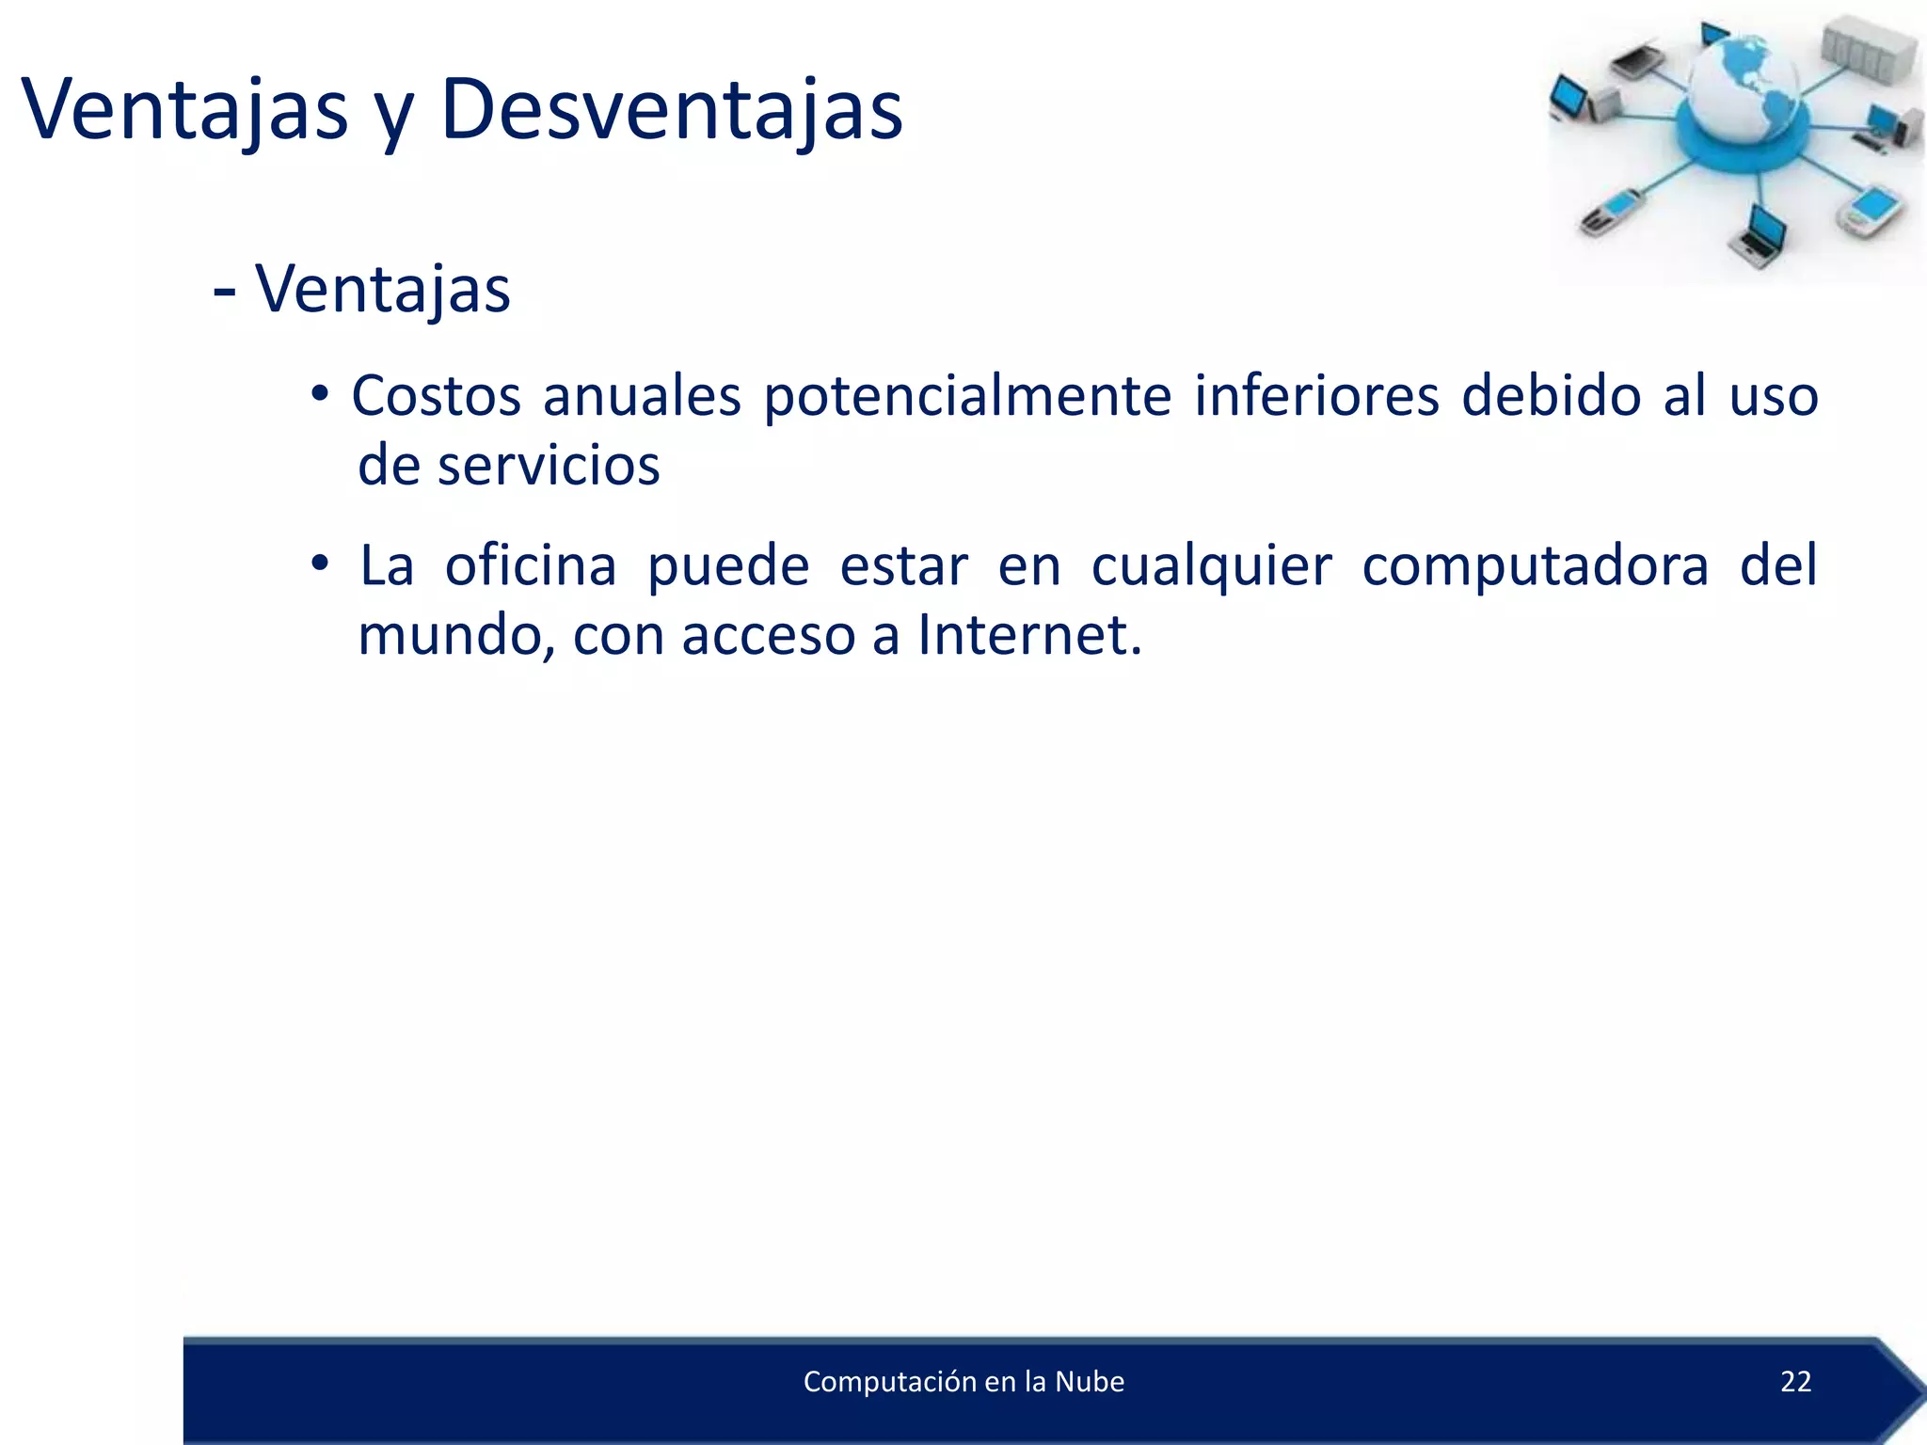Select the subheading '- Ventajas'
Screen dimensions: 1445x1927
(x=362, y=289)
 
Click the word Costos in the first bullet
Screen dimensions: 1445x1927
(x=436, y=396)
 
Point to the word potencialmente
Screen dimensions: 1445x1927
(x=966, y=396)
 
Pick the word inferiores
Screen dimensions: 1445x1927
(x=1316, y=396)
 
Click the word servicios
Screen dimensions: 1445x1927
(x=549, y=466)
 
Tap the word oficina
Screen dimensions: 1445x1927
(x=531, y=566)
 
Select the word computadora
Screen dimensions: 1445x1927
(x=1535, y=566)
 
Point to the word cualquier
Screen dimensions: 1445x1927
(x=1211, y=566)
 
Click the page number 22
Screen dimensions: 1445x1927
(x=1795, y=1381)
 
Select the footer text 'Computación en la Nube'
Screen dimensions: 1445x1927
(x=963, y=1381)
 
